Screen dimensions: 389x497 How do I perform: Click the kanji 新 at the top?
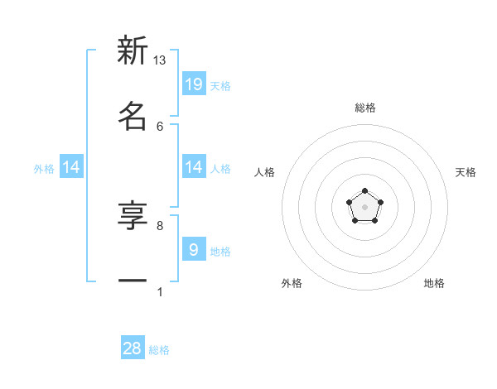133,51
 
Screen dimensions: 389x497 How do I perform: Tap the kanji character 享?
133,217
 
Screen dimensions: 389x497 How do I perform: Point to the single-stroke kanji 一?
133,281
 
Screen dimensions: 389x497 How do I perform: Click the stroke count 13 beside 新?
160,60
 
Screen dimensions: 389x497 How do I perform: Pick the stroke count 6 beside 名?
160,126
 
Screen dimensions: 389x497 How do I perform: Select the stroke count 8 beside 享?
160,225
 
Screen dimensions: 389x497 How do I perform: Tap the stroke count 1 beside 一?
160,291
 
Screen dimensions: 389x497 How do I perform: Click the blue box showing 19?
194,84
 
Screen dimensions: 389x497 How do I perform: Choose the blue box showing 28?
133,348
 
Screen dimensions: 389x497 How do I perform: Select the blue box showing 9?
194,249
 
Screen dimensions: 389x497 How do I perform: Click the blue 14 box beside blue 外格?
71,167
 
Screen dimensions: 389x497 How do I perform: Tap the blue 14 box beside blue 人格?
194,167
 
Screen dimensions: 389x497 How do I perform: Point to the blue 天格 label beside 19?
220,86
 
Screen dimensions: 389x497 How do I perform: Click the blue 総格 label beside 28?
159,350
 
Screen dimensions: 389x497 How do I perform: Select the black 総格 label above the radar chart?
365,108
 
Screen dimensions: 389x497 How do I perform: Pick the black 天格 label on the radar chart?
466,172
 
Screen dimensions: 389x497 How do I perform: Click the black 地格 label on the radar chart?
434,283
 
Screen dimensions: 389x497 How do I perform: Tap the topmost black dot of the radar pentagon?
365,191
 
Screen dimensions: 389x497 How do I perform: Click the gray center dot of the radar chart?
365,207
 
